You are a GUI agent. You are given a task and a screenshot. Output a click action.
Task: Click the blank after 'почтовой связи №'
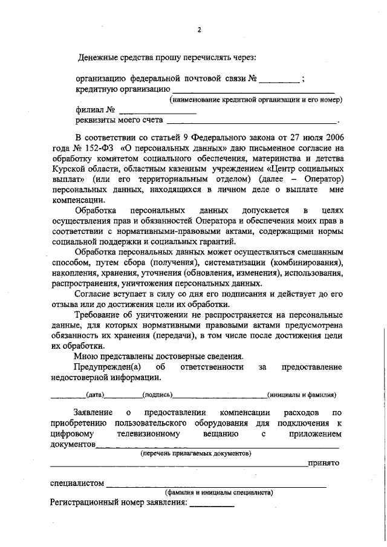pyautogui.click(x=279, y=80)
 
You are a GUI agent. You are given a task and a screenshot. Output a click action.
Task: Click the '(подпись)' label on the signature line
pyautogui.click(x=157, y=395)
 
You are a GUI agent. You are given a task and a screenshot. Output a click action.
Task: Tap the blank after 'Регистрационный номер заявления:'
pyautogui.click(x=212, y=503)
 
